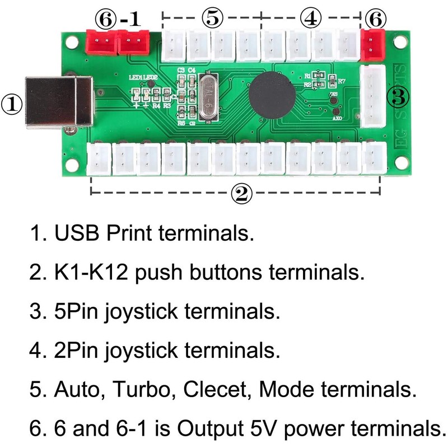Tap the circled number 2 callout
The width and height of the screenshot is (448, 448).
[x=240, y=194]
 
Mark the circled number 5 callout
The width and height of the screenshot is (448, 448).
[x=212, y=17]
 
